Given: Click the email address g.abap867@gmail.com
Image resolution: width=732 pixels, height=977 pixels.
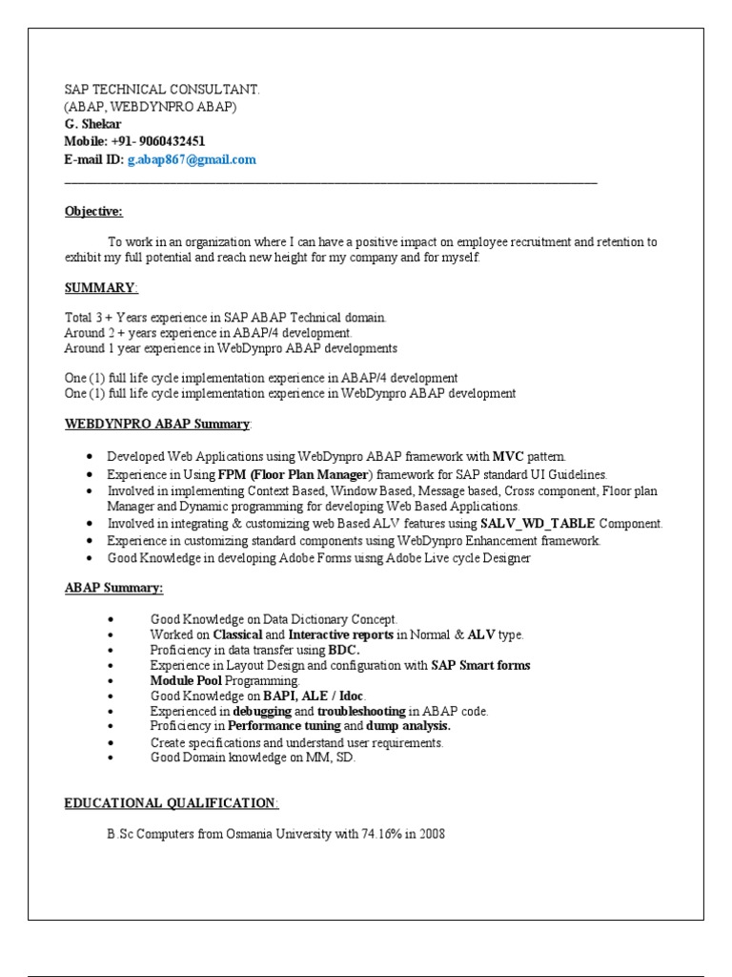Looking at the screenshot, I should click(192, 159).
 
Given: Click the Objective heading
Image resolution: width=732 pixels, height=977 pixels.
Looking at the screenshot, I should click(93, 211).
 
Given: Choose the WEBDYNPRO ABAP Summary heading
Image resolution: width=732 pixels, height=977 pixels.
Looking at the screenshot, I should click(157, 423).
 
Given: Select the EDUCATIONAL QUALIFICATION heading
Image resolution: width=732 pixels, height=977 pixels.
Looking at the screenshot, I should click(172, 802).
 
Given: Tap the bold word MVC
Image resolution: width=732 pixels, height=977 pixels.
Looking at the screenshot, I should click(507, 457).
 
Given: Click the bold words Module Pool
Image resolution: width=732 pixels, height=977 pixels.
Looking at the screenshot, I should click(186, 681).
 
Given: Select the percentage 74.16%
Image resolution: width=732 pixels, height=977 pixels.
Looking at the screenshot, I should click(381, 834).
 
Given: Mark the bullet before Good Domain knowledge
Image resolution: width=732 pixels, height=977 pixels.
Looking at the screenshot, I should click(112, 758).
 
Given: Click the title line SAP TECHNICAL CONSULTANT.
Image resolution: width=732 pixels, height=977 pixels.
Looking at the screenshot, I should click(162, 90).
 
